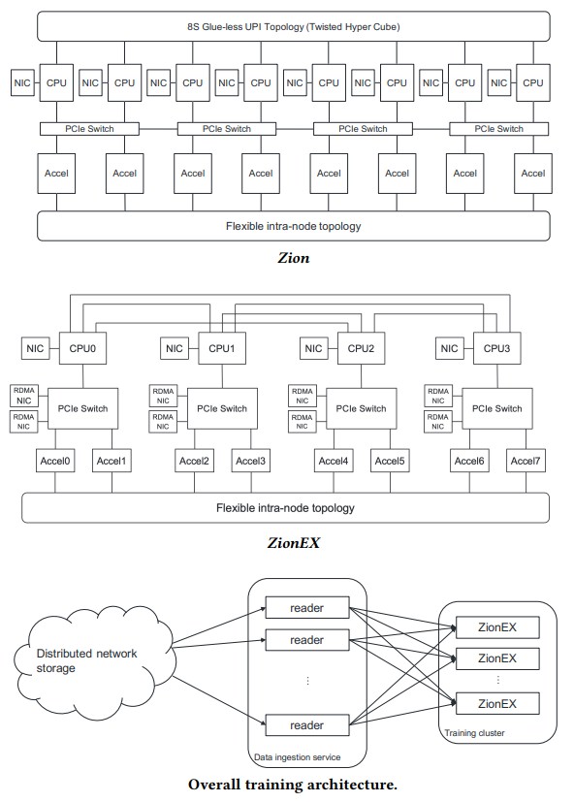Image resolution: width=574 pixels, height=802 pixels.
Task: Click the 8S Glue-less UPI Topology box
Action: point(294,26)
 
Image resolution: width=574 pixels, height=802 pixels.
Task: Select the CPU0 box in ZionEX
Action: point(82,348)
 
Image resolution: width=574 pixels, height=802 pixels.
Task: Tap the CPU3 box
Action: point(496,348)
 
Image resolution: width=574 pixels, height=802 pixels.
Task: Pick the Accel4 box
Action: point(334,461)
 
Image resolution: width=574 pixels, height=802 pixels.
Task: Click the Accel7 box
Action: point(526,461)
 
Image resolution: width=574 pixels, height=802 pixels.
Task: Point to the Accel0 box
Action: point(55,461)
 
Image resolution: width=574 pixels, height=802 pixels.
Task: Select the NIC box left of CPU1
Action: point(175,348)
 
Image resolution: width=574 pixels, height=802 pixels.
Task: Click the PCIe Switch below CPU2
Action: point(362,408)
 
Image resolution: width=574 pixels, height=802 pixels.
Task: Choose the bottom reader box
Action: point(307,725)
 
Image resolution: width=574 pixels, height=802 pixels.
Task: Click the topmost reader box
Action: point(307,608)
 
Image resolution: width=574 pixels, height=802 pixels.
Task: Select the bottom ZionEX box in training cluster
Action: point(497,703)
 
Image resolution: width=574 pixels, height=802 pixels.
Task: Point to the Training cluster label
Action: point(474,733)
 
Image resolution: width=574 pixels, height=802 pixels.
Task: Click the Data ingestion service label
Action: point(298,757)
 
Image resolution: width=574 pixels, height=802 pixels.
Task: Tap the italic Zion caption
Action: point(294,257)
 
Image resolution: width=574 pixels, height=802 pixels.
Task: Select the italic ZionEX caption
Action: point(294,542)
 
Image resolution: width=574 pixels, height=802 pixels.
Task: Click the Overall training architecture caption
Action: point(293,785)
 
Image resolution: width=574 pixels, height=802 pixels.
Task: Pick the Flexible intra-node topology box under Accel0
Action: point(285,508)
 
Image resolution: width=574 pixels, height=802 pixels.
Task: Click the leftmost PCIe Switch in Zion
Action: point(89,129)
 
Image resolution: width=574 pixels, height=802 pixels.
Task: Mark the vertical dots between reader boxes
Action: point(307,680)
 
